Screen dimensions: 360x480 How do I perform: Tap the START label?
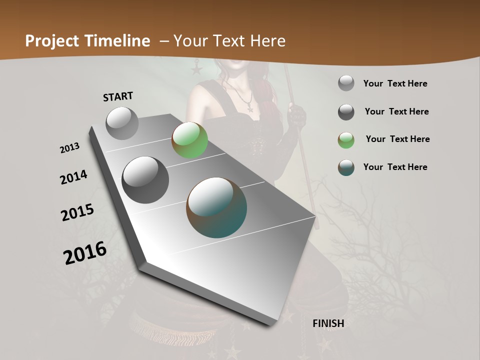click(118, 96)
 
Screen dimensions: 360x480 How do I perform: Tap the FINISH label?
click(328, 323)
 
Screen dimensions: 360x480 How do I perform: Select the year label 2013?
click(69, 148)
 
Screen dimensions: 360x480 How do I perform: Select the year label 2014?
click(73, 177)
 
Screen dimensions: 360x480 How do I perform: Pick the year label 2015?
click(77, 212)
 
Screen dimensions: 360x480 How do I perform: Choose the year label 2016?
click(85, 253)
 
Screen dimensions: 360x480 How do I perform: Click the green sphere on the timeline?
click(189, 140)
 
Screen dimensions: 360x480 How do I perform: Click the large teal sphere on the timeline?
click(216, 207)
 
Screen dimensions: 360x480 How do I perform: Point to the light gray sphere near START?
click(122, 123)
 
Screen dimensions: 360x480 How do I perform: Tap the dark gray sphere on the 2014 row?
click(145, 180)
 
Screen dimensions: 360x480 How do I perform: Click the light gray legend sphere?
click(346, 83)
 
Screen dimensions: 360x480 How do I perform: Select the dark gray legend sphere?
click(346, 112)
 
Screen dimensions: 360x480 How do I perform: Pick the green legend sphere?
click(346, 140)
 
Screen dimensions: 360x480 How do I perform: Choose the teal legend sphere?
click(346, 167)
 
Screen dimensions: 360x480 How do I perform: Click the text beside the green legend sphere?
click(397, 139)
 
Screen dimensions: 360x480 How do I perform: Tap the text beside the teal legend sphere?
click(395, 167)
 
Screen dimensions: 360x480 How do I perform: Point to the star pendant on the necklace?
click(249, 107)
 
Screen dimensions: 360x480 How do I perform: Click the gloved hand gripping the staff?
click(299, 115)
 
